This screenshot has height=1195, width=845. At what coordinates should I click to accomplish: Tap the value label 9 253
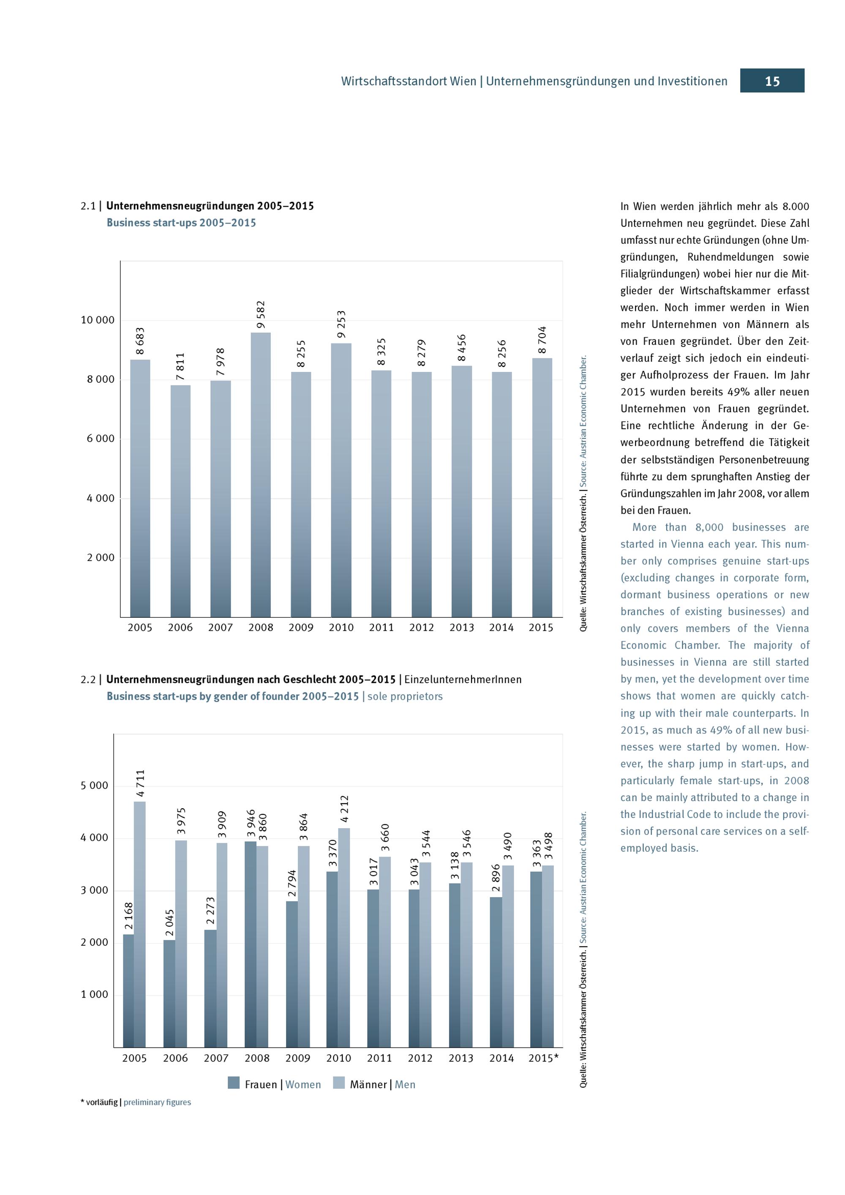(341, 324)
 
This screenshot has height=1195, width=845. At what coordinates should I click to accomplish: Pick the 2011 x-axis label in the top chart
(382, 628)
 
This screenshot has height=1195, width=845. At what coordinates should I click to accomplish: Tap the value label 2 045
(169, 922)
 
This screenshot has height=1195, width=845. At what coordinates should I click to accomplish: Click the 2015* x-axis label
(543, 1058)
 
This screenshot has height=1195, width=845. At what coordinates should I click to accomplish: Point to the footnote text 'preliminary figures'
(157, 1102)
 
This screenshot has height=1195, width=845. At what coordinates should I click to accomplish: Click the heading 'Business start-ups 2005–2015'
(181, 223)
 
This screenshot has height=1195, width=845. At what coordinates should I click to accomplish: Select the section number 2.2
(88, 680)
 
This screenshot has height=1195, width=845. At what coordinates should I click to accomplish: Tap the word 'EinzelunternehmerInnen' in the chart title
(463, 680)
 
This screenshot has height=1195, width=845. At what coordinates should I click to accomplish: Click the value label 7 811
(180, 366)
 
